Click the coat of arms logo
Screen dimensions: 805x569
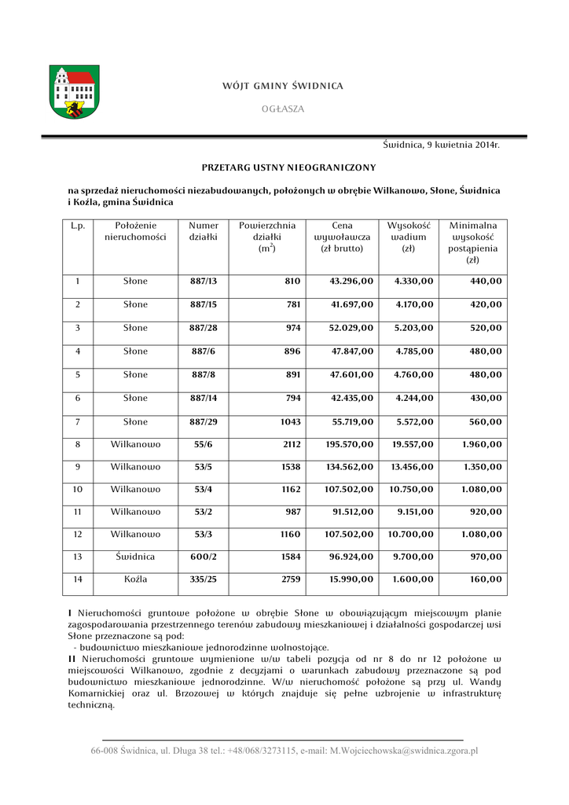tap(75, 92)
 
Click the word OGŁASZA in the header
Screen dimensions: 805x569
tap(283, 108)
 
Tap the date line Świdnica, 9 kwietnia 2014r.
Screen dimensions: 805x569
tap(442, 145)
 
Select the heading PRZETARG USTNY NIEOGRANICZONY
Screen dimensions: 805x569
tap(288, 167)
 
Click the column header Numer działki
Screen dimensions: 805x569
tap(204, 231)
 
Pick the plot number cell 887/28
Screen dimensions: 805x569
tap(204, 328)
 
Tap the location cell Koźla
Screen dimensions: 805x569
tap(135, 580)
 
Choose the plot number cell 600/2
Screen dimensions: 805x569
tap(204, 557)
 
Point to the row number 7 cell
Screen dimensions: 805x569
tap(78, 422)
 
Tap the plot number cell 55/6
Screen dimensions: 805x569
tap(204, 445)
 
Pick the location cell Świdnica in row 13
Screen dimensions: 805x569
tap(135, 557)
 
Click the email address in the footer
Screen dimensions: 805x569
tap(403, 751)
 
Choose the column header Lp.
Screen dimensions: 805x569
tap(78, 226)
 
